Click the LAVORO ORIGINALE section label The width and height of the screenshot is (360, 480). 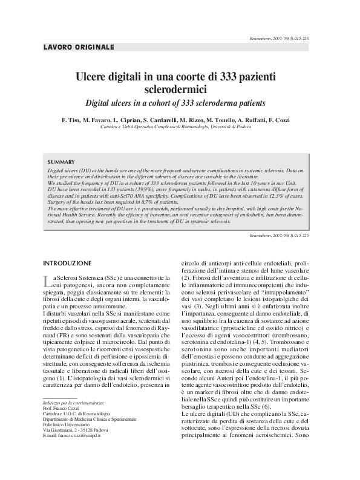(x=79, y=47)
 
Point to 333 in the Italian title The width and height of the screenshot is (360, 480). (x=220, y=77)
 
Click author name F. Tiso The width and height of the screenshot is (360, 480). (x=71, y=120)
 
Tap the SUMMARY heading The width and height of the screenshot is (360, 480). (x=61, y=162)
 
